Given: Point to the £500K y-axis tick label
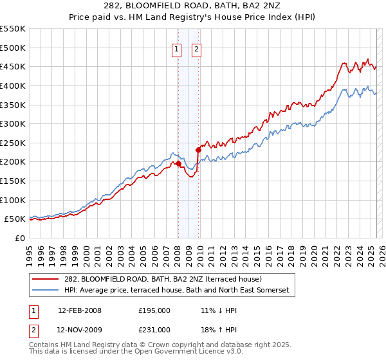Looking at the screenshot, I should point(13,48).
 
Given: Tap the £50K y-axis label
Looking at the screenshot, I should point(15,219).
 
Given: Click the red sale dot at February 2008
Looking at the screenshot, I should point(178,164).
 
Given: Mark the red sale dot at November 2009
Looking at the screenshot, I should point(198,150).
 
